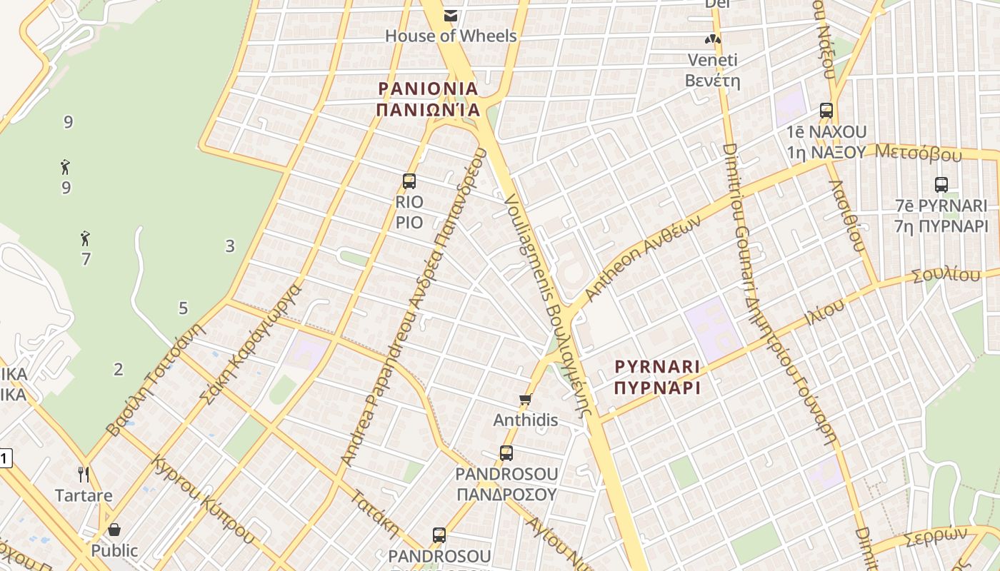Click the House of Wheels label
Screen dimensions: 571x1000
pos(451,35)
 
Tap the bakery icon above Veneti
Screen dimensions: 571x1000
pos(712,39)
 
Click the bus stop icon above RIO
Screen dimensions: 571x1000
pos(409,181)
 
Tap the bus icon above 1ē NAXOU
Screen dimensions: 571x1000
pos(826,111)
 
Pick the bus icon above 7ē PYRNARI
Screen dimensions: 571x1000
pos(941,185)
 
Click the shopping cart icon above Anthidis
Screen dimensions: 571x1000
pos(525,400)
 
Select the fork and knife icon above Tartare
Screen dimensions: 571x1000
pos(84,475)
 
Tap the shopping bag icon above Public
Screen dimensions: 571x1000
pos(114,530)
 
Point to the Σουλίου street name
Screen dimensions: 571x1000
pos(946,276)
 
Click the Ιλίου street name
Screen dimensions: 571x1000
pos(825,312)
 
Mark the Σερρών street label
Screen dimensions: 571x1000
pos(935,536)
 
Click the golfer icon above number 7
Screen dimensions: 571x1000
pos(86,238)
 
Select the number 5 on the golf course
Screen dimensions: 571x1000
pos(183,308)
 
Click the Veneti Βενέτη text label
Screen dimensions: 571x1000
pos(712,70)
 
